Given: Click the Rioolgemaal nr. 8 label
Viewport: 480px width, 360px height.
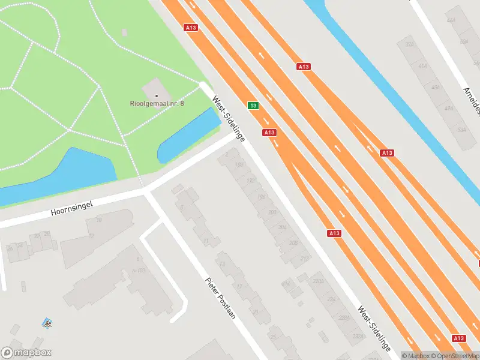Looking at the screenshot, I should point(157,103).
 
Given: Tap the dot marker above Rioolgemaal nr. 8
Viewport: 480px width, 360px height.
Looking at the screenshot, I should point(157,95).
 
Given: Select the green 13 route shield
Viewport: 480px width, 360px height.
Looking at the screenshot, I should point(253,106).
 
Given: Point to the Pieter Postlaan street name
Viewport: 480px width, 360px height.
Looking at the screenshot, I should point(220,298).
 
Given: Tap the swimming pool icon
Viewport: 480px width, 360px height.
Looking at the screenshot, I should point(47,323).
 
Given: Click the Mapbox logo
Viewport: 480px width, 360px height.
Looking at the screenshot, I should point(26,353).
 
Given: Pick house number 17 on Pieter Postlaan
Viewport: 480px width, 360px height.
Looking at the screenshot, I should point(239,287).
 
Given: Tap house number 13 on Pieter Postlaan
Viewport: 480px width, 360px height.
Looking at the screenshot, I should point(222,265).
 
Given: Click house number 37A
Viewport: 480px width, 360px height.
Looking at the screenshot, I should point(410,44).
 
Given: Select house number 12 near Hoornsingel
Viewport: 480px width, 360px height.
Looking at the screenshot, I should point(91,236).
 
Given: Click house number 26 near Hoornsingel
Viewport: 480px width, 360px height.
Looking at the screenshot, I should point(47,234).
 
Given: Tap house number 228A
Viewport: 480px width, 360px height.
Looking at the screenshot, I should point(344,318).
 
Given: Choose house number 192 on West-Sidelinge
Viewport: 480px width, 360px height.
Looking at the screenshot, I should point(251,181).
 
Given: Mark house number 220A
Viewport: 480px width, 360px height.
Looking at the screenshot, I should point(318,282).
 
